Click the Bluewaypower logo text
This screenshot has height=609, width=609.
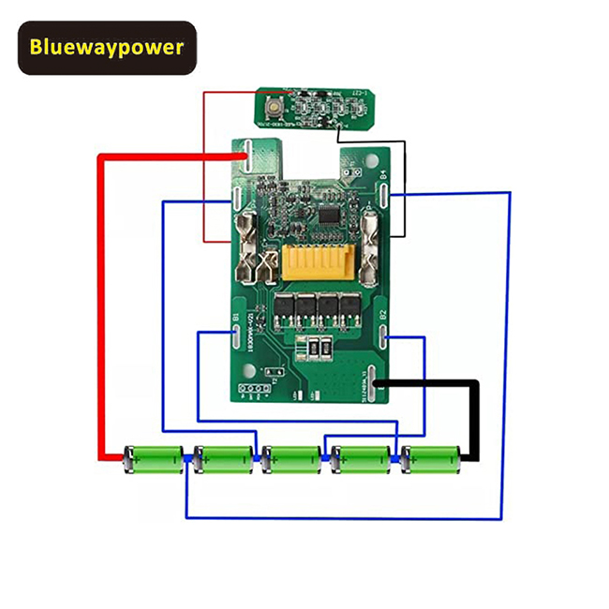(x=107, y=47)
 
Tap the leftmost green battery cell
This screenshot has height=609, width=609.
(x=155, y=459)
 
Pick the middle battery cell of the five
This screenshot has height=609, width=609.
(x=292, y=459)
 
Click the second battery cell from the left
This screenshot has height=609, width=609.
(x=223, y=459)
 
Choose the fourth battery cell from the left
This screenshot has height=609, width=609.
(x=362, y=459)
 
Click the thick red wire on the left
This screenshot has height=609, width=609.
(x=100, y=309)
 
